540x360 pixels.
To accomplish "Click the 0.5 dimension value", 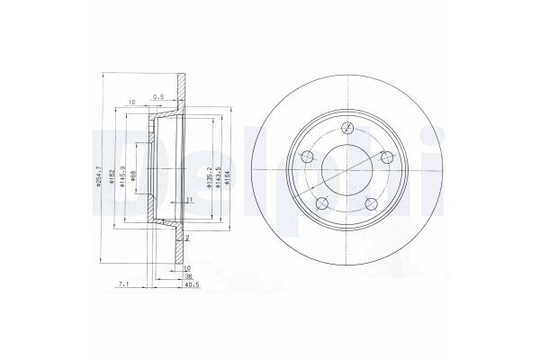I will pyautogui.click(x=159, y=96).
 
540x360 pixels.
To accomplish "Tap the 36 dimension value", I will pyautogui.click(x=189, y=278).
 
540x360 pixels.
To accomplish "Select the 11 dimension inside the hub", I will pyautogui.click(x=189, y=199).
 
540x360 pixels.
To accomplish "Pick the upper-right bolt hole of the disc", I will pyautogui.click(x=387, y=158).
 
